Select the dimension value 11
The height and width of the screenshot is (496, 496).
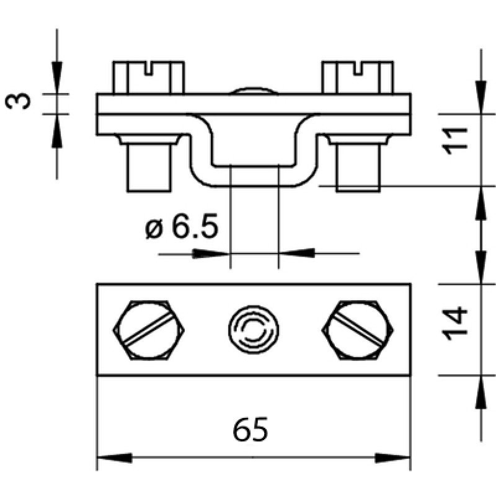point(455,141)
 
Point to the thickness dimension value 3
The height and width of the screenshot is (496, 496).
point(18,101)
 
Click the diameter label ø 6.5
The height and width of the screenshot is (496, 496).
point(182,226)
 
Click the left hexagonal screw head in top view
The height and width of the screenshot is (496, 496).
point(149,330)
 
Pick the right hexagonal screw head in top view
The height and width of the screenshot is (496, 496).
point(358,330)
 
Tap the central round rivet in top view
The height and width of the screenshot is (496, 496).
point(254,330)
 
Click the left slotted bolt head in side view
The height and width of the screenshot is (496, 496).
point(149,77)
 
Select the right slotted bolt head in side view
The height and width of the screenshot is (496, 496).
point(358,77)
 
